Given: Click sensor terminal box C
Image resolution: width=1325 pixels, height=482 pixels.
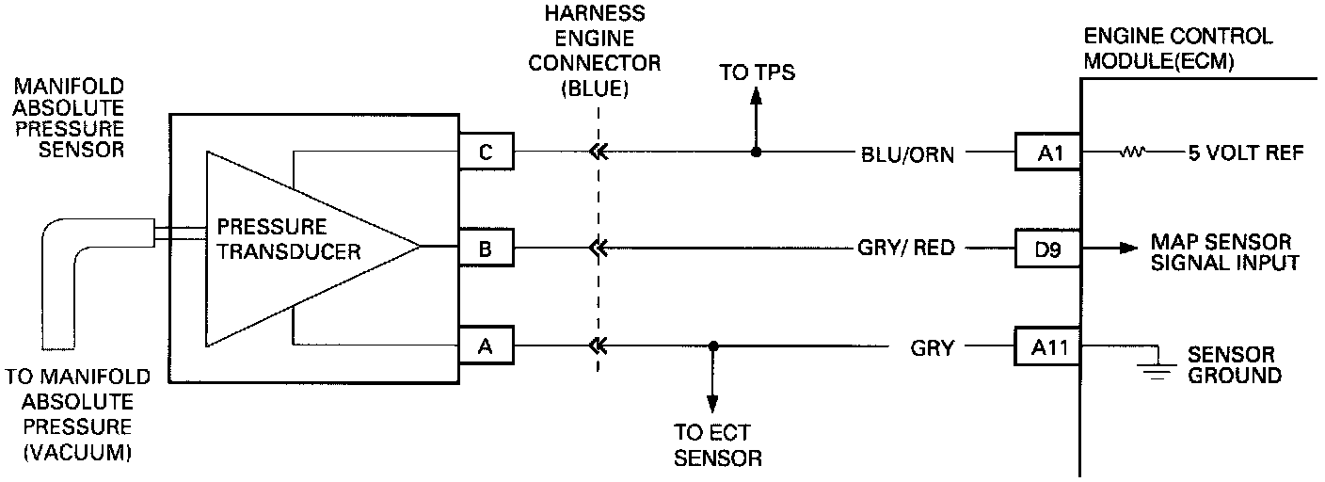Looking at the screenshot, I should tap(487, 152).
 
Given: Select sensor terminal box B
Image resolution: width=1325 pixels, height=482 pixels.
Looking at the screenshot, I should tap(487, 249).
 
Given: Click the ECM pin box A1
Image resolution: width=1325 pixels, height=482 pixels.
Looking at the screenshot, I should tap(1046, 152).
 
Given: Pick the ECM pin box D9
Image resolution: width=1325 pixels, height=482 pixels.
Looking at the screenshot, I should tap(1046, 249).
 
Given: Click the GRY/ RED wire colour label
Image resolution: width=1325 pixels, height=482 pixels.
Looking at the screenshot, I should tap(906, 249).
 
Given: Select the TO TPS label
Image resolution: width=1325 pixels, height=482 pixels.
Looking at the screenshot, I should tap(757, 72).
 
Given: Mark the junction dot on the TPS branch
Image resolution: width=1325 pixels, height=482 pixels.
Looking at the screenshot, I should tap(755, 152).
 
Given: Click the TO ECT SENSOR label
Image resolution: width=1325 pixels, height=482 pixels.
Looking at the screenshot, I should tap(717, 446).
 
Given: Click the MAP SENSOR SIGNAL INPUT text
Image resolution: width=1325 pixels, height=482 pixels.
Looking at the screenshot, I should tap(1224, 252).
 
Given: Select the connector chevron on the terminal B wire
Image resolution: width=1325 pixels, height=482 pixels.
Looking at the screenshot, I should tap(596, 249).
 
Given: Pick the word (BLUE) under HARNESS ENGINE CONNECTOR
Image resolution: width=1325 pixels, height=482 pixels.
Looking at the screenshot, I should tap(594, 88).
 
